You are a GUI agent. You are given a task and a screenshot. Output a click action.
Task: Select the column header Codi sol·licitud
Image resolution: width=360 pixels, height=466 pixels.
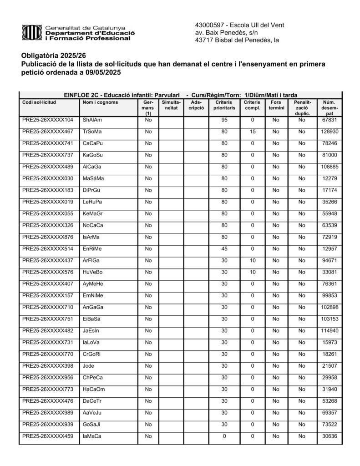pos(39,102)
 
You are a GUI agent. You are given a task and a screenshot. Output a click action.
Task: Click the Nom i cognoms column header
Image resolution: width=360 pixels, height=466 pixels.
pos(100,102)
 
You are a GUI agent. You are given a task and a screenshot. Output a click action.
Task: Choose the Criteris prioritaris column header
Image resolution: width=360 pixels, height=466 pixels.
pos(224,106)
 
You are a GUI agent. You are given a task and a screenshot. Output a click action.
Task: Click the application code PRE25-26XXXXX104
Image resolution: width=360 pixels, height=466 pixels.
pos(47,120)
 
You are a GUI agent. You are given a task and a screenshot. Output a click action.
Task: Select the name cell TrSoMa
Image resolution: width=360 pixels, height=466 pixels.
pos(92,132)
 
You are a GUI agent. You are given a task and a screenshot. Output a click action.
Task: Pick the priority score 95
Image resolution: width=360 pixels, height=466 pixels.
pos(224,120)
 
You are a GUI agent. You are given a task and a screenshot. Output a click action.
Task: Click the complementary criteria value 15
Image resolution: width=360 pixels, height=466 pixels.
pos(253,132)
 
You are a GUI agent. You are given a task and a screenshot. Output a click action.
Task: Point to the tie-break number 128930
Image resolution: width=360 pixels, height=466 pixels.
pos(329,132)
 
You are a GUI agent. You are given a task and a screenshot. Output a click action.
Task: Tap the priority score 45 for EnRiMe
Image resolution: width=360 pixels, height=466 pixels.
pos(224,249)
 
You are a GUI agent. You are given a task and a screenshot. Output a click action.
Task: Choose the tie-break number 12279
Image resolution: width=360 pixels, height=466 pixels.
pos(329,178)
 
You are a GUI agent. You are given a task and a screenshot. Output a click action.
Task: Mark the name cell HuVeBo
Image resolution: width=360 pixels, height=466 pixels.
pos(92,273)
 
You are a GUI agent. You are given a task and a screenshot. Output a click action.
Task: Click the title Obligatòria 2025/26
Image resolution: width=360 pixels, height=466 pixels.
pos(53,56)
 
